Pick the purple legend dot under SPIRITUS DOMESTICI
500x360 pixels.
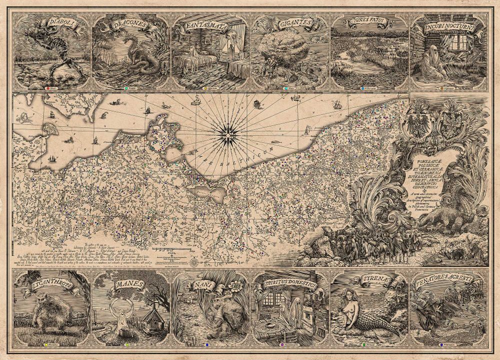pyautogui.click(x=283, y=345)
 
